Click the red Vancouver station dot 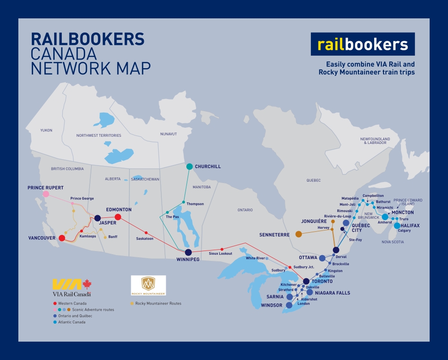click(x=62, y=238)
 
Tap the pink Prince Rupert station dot click(x=46, y=194)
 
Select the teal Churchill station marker click(x=190, y=166)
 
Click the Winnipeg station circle click(x=188, y=252)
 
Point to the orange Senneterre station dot click(x=299, y=234)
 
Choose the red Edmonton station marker click(x=118, y=217)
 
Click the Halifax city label click(x=410, y=226)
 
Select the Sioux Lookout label click(x=220, y=254)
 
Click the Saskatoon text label click(x=145, y=239)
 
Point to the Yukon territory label click(x=46, y=130)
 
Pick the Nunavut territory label click(x=168, y=134)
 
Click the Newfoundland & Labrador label click(x=375, y=141)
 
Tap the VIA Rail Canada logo click(x=72, y=287)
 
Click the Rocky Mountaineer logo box click(x=148, y=286)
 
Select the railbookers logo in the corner click(x=363, y=44)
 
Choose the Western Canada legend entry click(x=72, y=304)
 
